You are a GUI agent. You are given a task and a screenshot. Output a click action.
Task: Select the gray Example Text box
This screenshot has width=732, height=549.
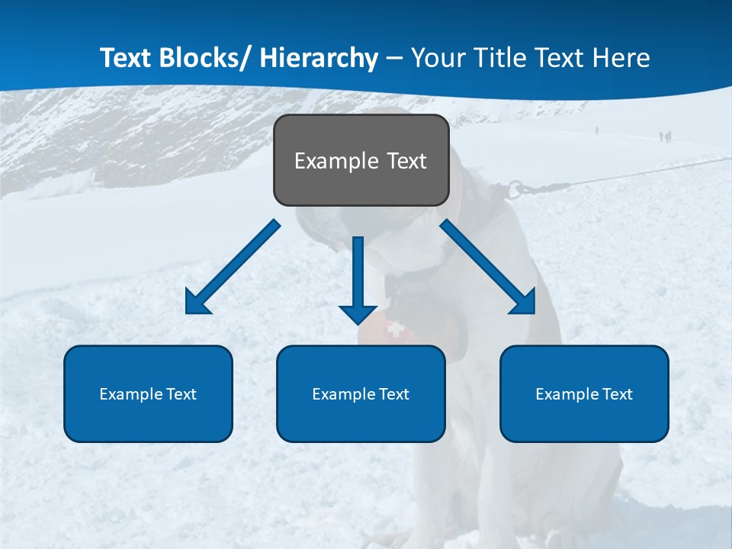point(361,160)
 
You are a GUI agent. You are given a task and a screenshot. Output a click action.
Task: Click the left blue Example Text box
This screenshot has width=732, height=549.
point(148,393)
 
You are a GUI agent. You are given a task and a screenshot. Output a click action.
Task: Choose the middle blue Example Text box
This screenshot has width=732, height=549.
point(361,393)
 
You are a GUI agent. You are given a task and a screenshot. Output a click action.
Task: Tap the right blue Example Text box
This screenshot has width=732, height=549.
point(584,393)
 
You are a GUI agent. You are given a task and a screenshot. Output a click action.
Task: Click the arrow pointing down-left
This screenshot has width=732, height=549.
point(233,267)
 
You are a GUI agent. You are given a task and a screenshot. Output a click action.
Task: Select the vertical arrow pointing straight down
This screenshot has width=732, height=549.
point(358,279)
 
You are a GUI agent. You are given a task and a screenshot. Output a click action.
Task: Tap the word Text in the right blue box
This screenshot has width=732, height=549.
point(617,394)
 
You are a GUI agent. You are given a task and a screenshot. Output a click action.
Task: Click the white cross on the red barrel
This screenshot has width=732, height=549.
point(395,329)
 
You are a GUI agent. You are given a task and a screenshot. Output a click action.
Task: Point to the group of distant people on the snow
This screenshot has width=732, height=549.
point(665,136)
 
